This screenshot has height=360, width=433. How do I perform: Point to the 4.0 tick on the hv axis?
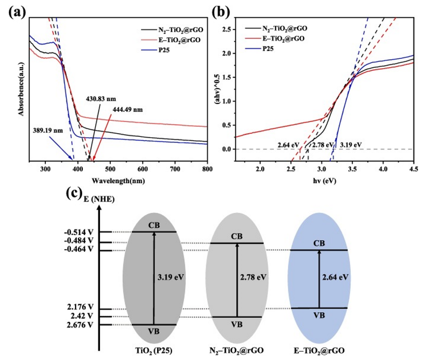pyautogui.click(x=383, y=169)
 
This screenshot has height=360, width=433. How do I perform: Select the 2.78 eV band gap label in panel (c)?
pyautogui.click(x=253, y=277)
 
